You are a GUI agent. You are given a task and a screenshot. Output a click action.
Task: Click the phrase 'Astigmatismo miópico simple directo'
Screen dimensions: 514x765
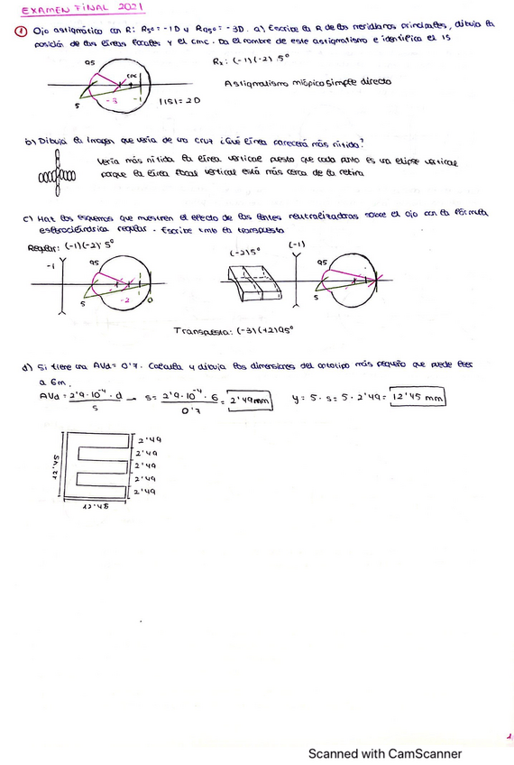coord(307,81)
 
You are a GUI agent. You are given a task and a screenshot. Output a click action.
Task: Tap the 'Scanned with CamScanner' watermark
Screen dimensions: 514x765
coord(385,753)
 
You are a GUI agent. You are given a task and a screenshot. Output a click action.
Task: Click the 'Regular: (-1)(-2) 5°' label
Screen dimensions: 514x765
coord(69,246)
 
